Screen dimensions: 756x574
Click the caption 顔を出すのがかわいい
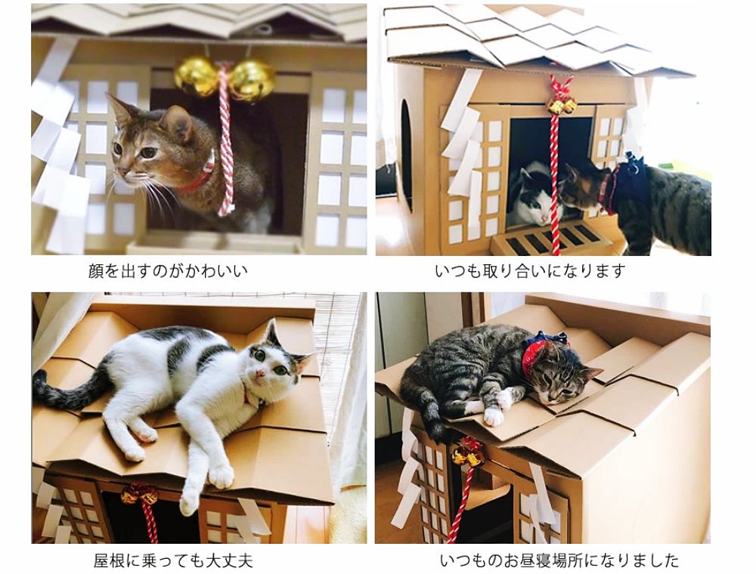click(x=168, y=270)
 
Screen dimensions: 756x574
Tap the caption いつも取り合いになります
click(x=530, y=270)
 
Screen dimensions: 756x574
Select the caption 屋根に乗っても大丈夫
click(x=173, y=560)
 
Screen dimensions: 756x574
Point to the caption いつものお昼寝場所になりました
click(x=559, y=560)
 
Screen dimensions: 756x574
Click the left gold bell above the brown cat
click(x=197, y=76)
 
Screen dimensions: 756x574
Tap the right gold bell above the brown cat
click(x=251, y=80)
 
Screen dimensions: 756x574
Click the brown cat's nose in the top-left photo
click(x=122, y=172)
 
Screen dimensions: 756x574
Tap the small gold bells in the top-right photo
click(x=561, y=106)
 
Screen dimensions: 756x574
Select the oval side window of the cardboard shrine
click(x=407, y=155)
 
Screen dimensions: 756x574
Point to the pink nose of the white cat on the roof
click(x=260, y=372)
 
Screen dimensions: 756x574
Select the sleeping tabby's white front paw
click(x=494, y=415)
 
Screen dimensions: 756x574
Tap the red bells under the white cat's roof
click(x=139, y=494)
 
